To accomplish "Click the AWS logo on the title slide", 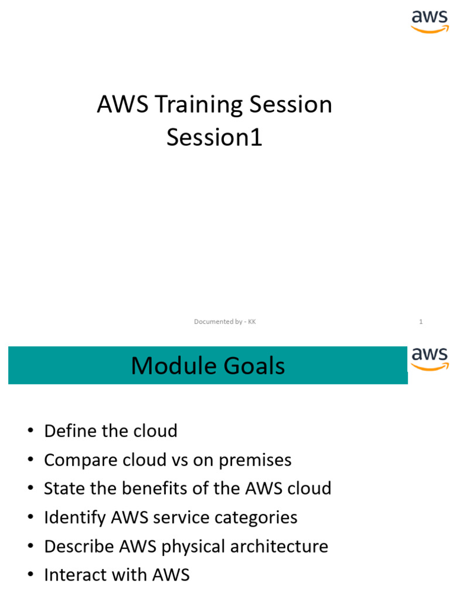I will (429, 21).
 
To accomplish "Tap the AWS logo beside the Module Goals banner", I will (429, 359).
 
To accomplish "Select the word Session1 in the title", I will (214, 138).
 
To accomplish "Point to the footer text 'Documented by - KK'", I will (225, 322).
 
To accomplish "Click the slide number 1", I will (421, 322).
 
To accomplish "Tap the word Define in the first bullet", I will (70, 431).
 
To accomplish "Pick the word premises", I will (255, 461).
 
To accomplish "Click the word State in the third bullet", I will (62, 489).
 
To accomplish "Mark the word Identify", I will (74, 518).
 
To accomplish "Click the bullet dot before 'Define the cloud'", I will (30, 432).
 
